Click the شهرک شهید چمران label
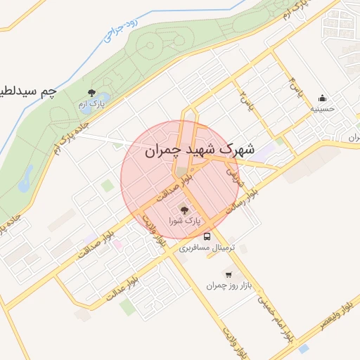click(191, 150)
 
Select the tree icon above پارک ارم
click(91, 93)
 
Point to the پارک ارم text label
click(91, 105)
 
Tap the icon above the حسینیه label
click(323, 98)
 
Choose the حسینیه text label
click(323, 109)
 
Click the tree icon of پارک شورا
click(184, 209)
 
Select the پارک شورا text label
click(184, 221)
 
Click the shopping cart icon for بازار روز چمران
click(228, 274)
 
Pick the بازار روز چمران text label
click(229, 285)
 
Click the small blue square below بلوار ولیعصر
click(303, 348)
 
